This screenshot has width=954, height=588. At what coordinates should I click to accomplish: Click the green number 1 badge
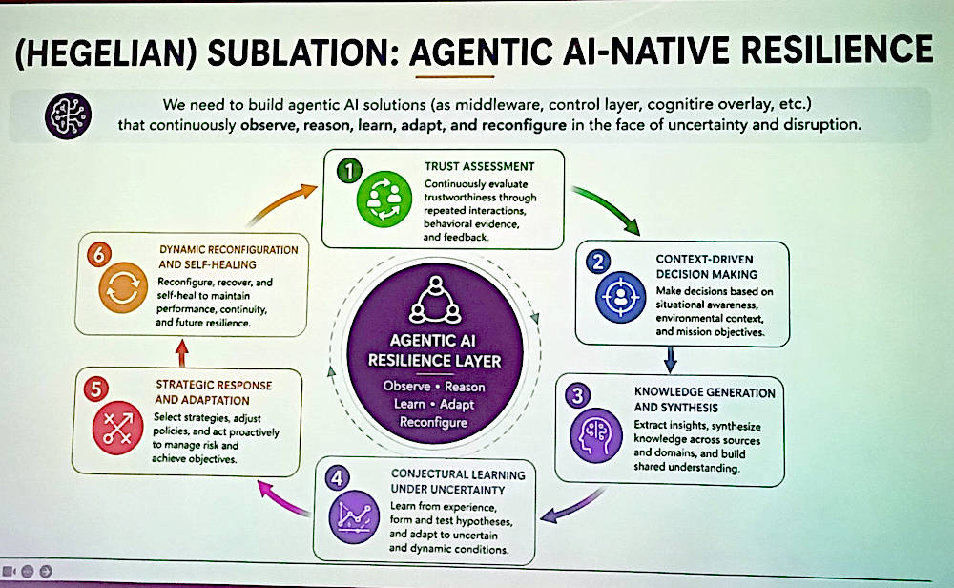pyautogui.click(x=349, y=171)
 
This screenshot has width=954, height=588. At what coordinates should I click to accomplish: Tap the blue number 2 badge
pyautogui.click(x=598, y=262)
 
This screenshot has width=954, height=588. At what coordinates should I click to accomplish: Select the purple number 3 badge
pyautogui.click(x=577, y=395)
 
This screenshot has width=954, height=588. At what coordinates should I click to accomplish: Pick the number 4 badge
pyautogui.click(x=337, y=478)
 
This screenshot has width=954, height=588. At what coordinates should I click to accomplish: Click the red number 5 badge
pyautogui.click(x=96, y=388)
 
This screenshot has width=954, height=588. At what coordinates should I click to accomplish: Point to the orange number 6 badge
pyautogui.click(x=99, y=255)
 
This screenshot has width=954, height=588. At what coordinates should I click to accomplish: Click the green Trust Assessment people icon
pyautogui.click(x=384, y=199)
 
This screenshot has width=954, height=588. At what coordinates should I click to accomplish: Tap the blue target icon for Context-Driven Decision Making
pyautogui.click(x=620, y=297)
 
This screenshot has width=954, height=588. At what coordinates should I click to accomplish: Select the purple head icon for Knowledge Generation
pyautogui.click(x=596, y=435)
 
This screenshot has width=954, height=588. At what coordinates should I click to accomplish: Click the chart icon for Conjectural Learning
pyautogui.click(x=354, y=516)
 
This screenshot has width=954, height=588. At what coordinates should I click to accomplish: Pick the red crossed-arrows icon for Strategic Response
pyautogui.click(x=117, y=428)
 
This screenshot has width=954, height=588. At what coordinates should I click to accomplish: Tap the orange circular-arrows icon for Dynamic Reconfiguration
pyautogui.click(x=123, y=287)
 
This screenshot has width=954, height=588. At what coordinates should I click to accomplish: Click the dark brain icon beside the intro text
pyautogui.click(x=68, y=115)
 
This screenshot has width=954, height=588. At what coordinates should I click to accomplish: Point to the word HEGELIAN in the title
pyautogui.click(x=107, y=53)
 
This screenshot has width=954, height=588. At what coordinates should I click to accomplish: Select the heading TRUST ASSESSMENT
pyautogui.click(x=480, y=166)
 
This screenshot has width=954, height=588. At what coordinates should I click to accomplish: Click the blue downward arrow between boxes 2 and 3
pyautogui.click(x=671, y=360)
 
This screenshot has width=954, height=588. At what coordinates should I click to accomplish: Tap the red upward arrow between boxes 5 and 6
pyautogui.click(x=181, y=353)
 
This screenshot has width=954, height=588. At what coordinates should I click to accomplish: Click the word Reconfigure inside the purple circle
pyautogui.click(x=434, y=423)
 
